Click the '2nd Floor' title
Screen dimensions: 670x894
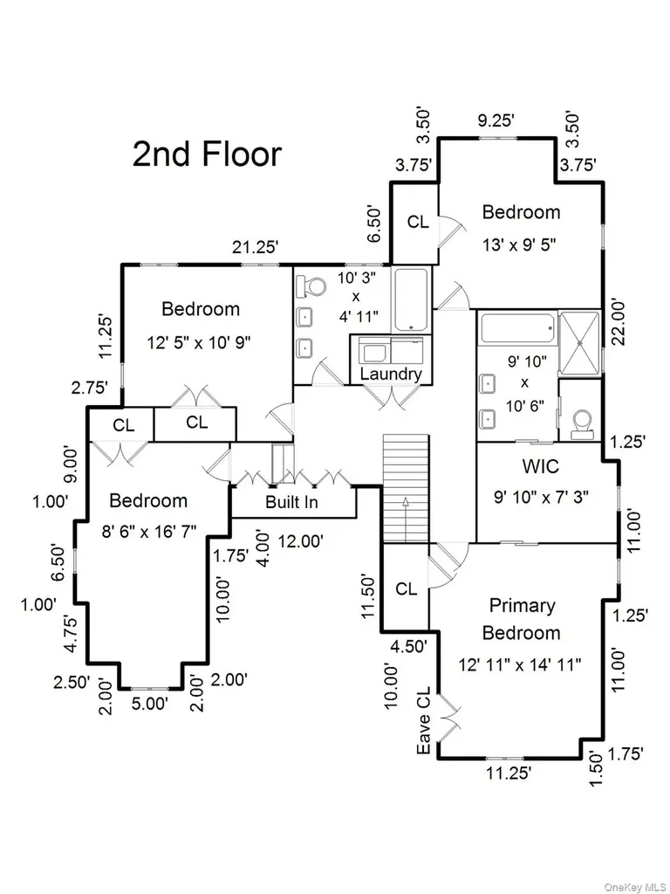tap(208, 155)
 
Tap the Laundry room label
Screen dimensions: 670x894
tap(391, 374)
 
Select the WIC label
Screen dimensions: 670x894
tap(540, 466)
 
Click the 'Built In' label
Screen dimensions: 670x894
tap(291, 502)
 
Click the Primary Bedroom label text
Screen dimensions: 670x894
tap(522, 619)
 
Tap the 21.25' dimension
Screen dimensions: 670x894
tap(256, 247)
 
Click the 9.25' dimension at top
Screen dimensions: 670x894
tap(496, 120)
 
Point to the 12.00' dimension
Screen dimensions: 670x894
tap(301, 541)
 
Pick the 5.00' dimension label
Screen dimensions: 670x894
tap(149, 703)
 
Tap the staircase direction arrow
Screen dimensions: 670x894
tap(405, 519)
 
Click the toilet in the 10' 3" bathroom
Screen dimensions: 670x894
tap(311, 286)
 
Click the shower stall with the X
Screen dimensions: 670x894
tap(579, 344)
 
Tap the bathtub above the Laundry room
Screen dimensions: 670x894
tap(412, 299)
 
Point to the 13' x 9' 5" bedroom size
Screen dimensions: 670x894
tap(519, 245)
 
